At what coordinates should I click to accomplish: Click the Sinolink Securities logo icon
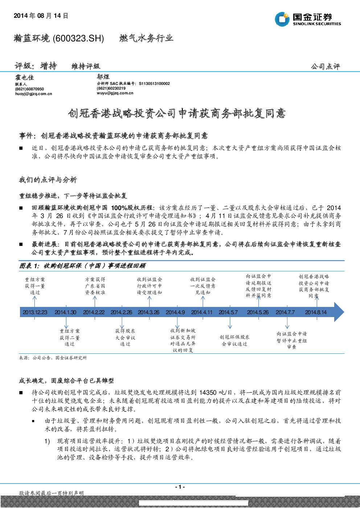tap(282, 19)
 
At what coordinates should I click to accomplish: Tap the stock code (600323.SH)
tap(78, 38)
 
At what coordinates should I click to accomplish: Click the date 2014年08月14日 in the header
tap(41, 16)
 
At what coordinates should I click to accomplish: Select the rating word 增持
tap(49, 66)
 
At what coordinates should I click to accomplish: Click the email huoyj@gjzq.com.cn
tap(34, 94)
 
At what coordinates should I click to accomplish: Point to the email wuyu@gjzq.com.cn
tap(115, 93)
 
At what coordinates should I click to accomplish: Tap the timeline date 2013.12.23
tap(35, 312)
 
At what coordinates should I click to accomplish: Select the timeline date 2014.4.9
tap(175, 312)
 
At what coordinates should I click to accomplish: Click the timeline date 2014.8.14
tap(316, 312)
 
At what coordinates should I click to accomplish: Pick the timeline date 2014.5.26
tap(258, 312)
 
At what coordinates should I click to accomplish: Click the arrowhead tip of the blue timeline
tap(344, 312)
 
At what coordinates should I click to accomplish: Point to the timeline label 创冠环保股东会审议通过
tap(234, 340)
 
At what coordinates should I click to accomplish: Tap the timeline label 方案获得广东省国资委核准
tap(95, 286)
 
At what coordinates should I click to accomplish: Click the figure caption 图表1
tap(29, 266)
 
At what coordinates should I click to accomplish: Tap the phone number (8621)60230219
tap(111, 89)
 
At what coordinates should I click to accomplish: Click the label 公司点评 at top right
tap(326, 66)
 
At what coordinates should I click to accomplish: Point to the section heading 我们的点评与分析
tap(48, 180)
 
